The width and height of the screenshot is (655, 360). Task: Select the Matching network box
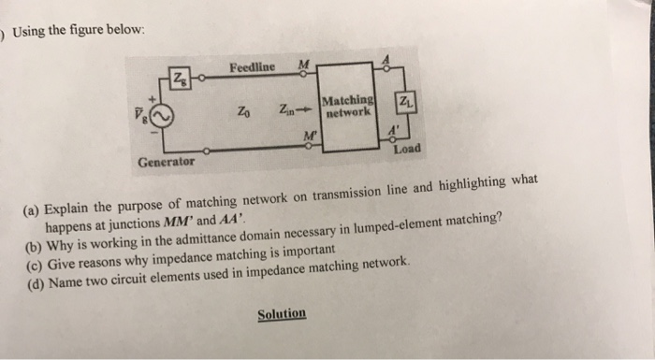(x=348, y=107)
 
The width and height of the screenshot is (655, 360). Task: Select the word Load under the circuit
(x=409, y=149)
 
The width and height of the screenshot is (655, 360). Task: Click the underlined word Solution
(x=282, y=313)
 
